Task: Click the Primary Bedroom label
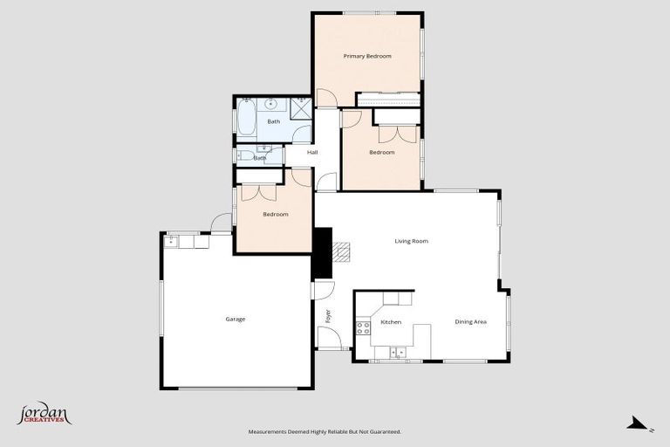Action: [x=366, y=56]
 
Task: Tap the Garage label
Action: [x=236, y=319]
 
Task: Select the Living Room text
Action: [x=412, y=241]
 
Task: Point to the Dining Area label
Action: [x=470, y=322]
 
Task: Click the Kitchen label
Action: [x=391, y=322]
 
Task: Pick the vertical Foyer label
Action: [x=329, y=316]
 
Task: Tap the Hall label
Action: [x=312, y=153]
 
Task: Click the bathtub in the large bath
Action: [x=247, y=119]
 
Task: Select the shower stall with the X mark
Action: [x=301, y=108]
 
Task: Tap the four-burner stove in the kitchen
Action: [x=363, y=328]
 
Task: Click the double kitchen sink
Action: [x=397, y=353]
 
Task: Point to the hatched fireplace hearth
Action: [x=341, y=252]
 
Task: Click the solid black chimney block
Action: [x=322, y=252]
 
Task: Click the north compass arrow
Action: [x=639, y=424]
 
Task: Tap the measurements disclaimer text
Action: [x=325, y=431]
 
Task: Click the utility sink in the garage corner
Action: [x=171, y=242]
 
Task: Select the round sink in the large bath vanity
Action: [x=272, y=102]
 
